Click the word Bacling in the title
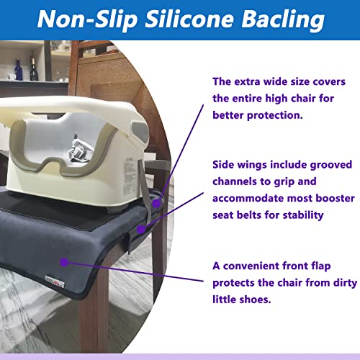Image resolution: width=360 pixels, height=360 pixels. click(x=283, y=19)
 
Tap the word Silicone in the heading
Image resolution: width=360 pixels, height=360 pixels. click(x=189, y=19)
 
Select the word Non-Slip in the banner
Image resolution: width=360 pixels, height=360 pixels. click(x=87, y=19)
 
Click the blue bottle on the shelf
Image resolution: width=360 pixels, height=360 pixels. click(x=19, y=70)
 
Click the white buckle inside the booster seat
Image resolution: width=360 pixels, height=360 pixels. click(x=77, y=152)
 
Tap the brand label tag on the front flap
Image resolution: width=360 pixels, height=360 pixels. click(x=55, y=282)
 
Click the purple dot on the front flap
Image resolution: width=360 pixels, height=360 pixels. click(x=64, y=262)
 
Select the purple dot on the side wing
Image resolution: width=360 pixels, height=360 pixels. click(x=141, y=230)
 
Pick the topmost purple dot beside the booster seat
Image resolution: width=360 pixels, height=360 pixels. click(x=156, y=204)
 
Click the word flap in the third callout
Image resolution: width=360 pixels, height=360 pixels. click(x=321, y=266)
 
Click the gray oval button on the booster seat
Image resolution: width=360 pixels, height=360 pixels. click(x=141, y=131)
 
